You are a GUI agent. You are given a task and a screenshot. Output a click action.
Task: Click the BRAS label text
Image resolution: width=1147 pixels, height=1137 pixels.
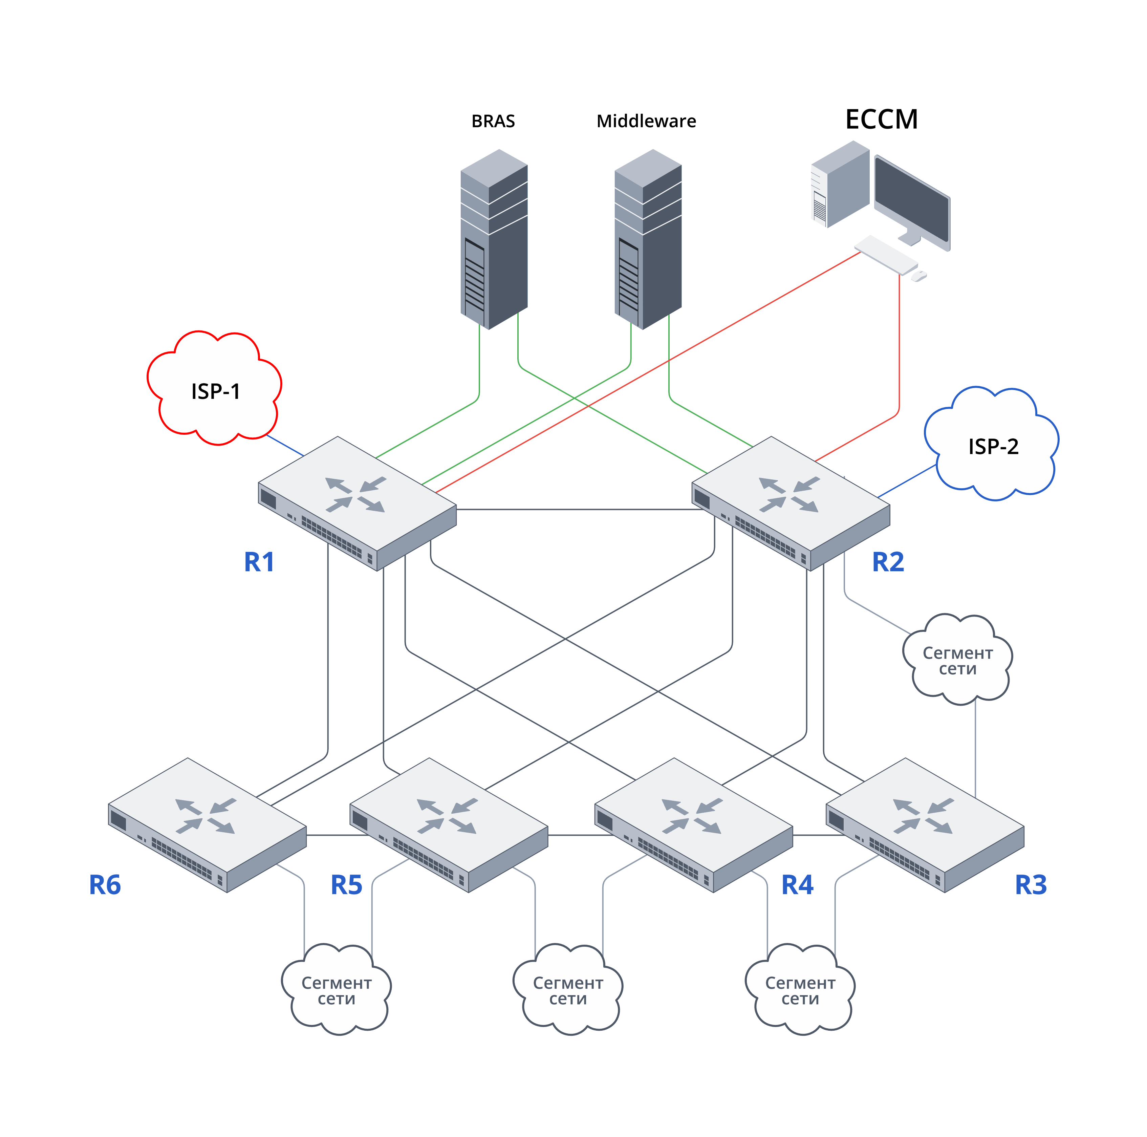[493, 121]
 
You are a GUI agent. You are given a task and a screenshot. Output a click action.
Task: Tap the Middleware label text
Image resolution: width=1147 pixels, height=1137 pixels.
[646, 121]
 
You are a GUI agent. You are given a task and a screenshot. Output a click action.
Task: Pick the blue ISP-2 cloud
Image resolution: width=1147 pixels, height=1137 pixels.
[992, 445]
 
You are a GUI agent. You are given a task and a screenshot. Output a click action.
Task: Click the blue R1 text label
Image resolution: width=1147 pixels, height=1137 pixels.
[259, 562]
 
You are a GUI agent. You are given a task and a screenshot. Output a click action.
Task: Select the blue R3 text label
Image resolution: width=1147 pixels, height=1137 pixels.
[1031, 885]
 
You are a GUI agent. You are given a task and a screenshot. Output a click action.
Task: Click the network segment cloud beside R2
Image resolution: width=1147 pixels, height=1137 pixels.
[957, 659]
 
